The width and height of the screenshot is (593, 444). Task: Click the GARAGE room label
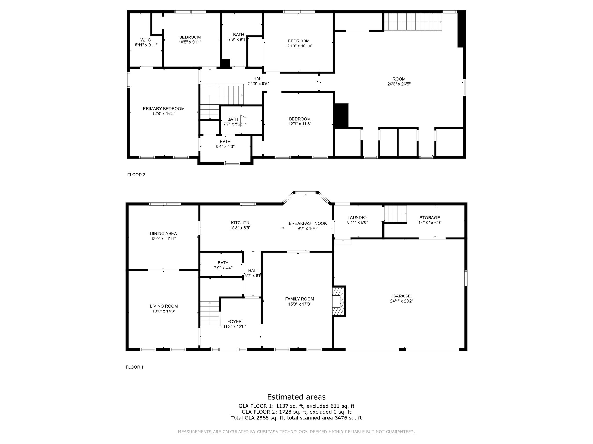(x=401, y=296)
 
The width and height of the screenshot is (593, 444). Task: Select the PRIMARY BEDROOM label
(x=164, y=109)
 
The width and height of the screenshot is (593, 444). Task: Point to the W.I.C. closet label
(x=146, y=40)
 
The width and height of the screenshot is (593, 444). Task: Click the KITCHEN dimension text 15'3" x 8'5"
(x=240, y=228)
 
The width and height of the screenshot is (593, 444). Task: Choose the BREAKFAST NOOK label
(x=308, y=223)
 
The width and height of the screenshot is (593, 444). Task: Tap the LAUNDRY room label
(x=357, y=217)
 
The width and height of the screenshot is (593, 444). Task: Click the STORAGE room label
(x=430, y=217)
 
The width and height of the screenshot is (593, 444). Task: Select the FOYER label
(x=235, y=321)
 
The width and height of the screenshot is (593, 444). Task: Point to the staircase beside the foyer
(x=210, y=313)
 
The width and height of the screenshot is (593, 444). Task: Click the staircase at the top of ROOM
(x=413, y=22)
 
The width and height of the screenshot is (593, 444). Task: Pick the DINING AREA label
(x=163, y=234)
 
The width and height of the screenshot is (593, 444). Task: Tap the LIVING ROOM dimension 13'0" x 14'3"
(x=164, y=311)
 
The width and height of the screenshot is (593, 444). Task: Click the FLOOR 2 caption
(x=136, y=175)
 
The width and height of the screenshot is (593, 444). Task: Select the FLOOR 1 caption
(x=134, y=367)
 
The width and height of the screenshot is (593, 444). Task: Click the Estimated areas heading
(x=296, y=397)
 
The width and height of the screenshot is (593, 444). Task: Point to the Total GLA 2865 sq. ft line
(x=296, y=418)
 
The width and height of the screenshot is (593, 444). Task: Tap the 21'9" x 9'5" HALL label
(x=259, y=84)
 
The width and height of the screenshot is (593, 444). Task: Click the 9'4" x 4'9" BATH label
(x=225, y=147)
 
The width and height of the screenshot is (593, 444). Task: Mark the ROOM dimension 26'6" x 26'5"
(x=399, y=84)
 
